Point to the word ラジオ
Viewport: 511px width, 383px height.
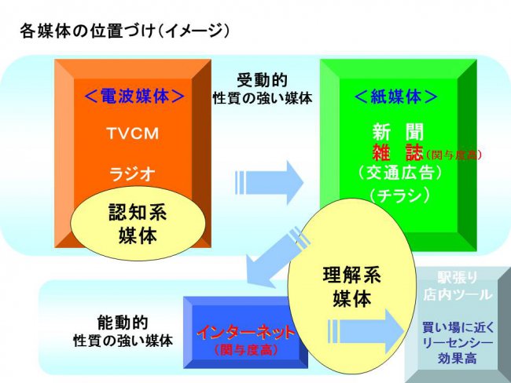tap(131, 171)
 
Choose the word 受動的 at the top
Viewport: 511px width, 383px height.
tap(264, 81)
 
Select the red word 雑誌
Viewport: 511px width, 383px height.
tap(398, 151)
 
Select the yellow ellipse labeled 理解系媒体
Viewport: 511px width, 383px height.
tap(352, 286)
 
